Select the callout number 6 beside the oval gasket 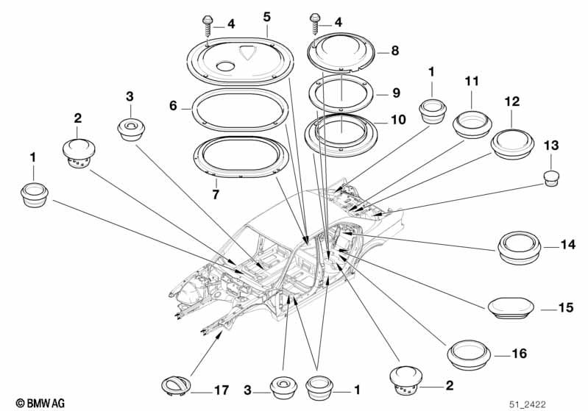[174, 106]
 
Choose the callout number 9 [396, 93]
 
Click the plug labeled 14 [520, 246]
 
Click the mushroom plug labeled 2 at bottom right [405, 378]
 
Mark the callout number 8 [394, 51]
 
